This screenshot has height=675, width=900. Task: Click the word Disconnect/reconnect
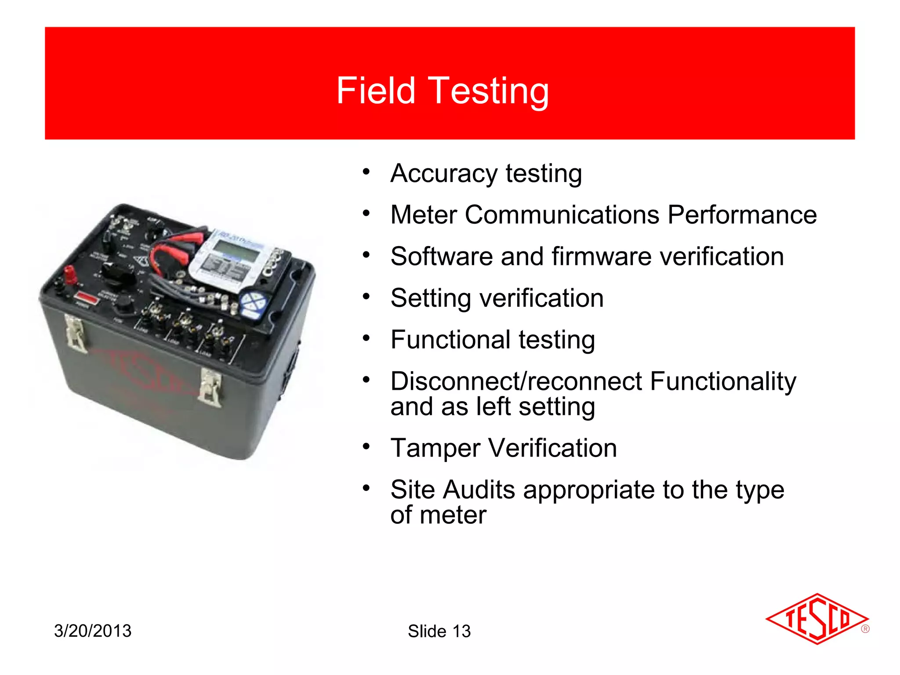click(x=516, y=381)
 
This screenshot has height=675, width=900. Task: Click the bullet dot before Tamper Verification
click(x=366, y=447)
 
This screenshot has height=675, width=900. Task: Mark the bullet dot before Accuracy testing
click(x=366, y=172)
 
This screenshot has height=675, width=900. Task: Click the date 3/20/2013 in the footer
click(x=93, y=631)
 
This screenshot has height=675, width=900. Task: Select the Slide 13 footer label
click(x=439, y=631)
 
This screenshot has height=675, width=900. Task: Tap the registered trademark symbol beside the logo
click(x=865, y=629)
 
